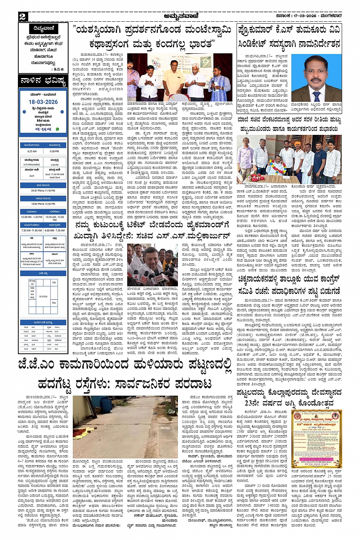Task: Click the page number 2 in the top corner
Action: (22, 16)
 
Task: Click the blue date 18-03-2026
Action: (43, 102)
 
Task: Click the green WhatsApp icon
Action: (58, 129)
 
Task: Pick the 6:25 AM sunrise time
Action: (32, 151)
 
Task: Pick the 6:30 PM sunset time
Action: (54, 151)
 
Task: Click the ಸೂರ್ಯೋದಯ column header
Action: (32, 145)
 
